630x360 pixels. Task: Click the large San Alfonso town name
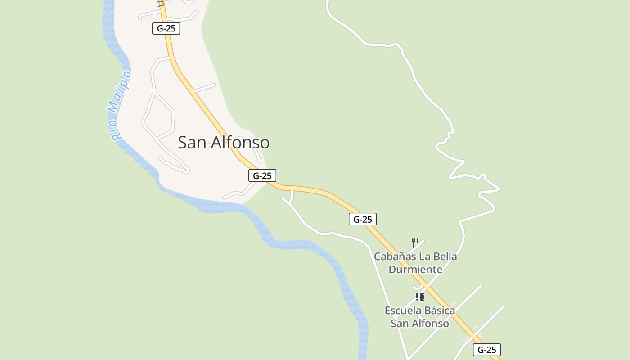click(224, 143)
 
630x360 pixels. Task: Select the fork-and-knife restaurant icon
click(415, 243)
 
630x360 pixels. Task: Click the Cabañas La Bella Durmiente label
click(415, 263)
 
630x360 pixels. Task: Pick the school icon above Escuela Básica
click(419, 297)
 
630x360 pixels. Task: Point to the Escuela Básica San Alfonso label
click(419, 317)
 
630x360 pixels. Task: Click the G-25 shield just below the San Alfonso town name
click(262, 175)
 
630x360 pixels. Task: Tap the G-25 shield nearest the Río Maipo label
click(166, 28)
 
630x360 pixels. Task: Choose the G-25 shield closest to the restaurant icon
click(363, 219)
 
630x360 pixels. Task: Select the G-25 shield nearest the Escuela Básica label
click(486, 350)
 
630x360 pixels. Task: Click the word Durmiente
click(415, 270)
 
